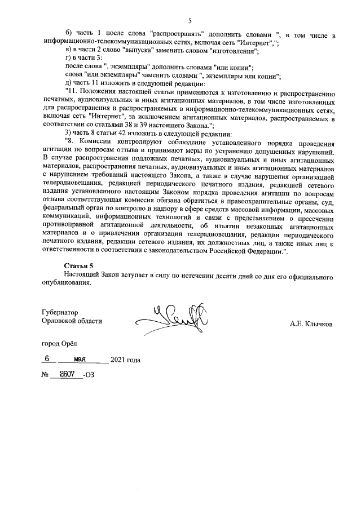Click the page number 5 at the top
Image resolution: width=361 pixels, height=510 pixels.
pos(190,21)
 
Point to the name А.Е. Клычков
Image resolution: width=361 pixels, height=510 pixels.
pos(311,325)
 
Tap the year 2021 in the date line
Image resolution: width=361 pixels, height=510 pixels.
pos(120,359)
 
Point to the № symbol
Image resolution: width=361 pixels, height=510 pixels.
pos(46,375)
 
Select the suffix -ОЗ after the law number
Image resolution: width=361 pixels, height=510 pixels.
pos(89,375)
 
